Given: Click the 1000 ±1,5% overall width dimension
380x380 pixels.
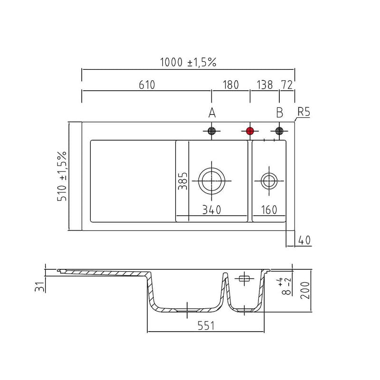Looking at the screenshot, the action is (188, 62).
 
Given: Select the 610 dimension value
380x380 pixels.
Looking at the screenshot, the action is (147, 85).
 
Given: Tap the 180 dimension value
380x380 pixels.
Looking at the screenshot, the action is (231, 85).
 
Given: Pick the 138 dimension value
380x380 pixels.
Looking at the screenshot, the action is (265, 85).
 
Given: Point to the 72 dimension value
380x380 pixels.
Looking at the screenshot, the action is (287, 85).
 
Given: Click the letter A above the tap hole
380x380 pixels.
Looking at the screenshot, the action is (212, 113).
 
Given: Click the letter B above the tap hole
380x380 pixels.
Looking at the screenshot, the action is (280, 113).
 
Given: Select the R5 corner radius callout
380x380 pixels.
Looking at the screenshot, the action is (304, 112).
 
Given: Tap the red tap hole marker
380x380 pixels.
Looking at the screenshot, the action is (250, 131).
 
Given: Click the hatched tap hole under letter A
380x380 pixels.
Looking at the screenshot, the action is (212, 131).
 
